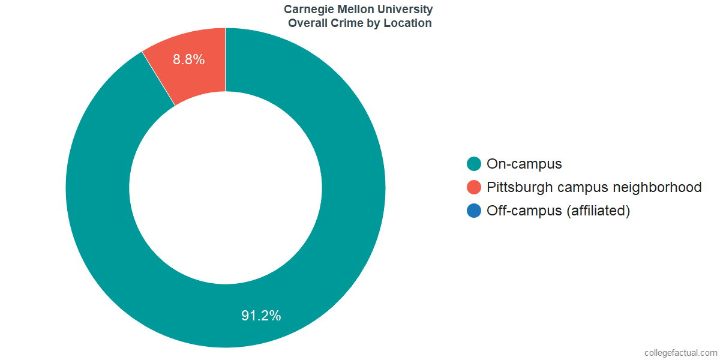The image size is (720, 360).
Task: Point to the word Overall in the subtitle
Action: [309, 23]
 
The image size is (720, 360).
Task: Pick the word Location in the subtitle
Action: [408, 23]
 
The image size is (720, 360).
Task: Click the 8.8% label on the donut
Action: [189, 59]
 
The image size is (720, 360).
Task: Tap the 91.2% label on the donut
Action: [261, 316]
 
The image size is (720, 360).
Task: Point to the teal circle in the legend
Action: [474, 164]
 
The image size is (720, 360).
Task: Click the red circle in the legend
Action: [474, 187]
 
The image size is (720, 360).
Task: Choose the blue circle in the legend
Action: [474, 211]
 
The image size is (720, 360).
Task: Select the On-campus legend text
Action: [524, 164]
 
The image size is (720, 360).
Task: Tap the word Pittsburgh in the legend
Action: [520, 187]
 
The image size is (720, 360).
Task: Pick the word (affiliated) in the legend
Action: [598, 211]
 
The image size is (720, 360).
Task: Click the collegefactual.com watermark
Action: [680, 352]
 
